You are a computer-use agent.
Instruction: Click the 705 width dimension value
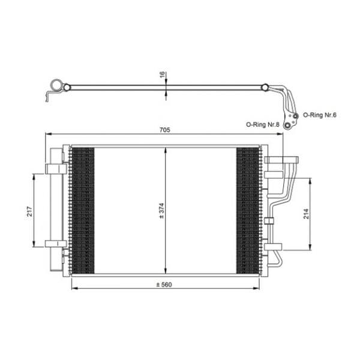click(165, 130)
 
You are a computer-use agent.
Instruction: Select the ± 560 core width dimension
click(164, 284)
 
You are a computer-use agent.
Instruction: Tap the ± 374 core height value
click(161, 211)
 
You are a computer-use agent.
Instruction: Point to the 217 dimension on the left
click(30, 211)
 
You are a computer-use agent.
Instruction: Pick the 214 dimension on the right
click(306, 214)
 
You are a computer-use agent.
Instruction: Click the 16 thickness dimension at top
click(163, 74)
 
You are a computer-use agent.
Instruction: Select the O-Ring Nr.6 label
click(320, 115)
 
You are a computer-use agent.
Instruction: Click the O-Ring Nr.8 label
click(263, 125)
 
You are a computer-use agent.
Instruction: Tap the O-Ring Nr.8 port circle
click(287, 125)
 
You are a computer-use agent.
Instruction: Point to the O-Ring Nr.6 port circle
click(295, 116)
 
